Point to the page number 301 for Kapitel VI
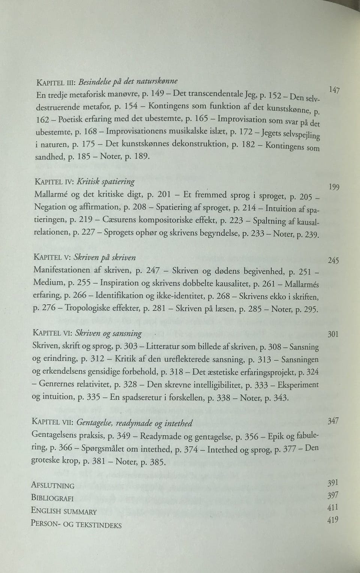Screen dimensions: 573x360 coord(333,334)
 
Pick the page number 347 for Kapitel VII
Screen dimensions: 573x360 coord(333,421)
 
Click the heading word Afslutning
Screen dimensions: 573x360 coord(52,486)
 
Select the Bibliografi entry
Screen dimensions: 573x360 coord(52,498)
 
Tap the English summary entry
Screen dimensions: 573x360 coord(64,511)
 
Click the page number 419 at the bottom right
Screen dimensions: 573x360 coord(332,520)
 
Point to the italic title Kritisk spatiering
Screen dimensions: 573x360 coord(106,182)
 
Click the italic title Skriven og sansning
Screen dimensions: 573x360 coord(108,333)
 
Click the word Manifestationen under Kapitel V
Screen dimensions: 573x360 coord(61,270)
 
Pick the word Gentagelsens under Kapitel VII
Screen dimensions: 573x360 coord(56,436)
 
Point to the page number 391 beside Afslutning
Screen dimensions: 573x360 coord(333,483)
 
